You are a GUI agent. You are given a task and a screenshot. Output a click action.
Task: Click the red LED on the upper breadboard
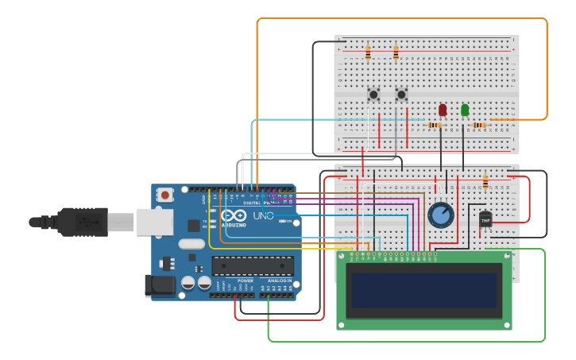443,110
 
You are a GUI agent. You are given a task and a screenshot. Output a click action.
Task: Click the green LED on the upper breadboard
465,110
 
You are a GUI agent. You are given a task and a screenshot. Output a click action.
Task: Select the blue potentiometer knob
440,215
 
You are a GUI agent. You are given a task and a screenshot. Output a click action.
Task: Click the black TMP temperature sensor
485,218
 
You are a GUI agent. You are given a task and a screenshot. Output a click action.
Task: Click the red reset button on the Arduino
164,194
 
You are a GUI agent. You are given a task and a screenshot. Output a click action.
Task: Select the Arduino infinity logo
234,215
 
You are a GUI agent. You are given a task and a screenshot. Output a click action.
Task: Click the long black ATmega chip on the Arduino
253,265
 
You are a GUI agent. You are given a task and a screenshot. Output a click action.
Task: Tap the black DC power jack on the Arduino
159,285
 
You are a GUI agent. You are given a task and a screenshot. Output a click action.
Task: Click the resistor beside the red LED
435,125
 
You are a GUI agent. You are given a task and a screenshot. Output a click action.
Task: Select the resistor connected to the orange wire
479,125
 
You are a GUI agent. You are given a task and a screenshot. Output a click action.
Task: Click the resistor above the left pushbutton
368,53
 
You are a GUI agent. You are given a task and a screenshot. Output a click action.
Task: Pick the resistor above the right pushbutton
396,53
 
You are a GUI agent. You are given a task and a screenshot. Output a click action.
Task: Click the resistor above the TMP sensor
485,183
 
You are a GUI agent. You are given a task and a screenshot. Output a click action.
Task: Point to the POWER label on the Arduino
245,281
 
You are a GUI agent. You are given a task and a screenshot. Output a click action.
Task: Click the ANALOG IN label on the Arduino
279,281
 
